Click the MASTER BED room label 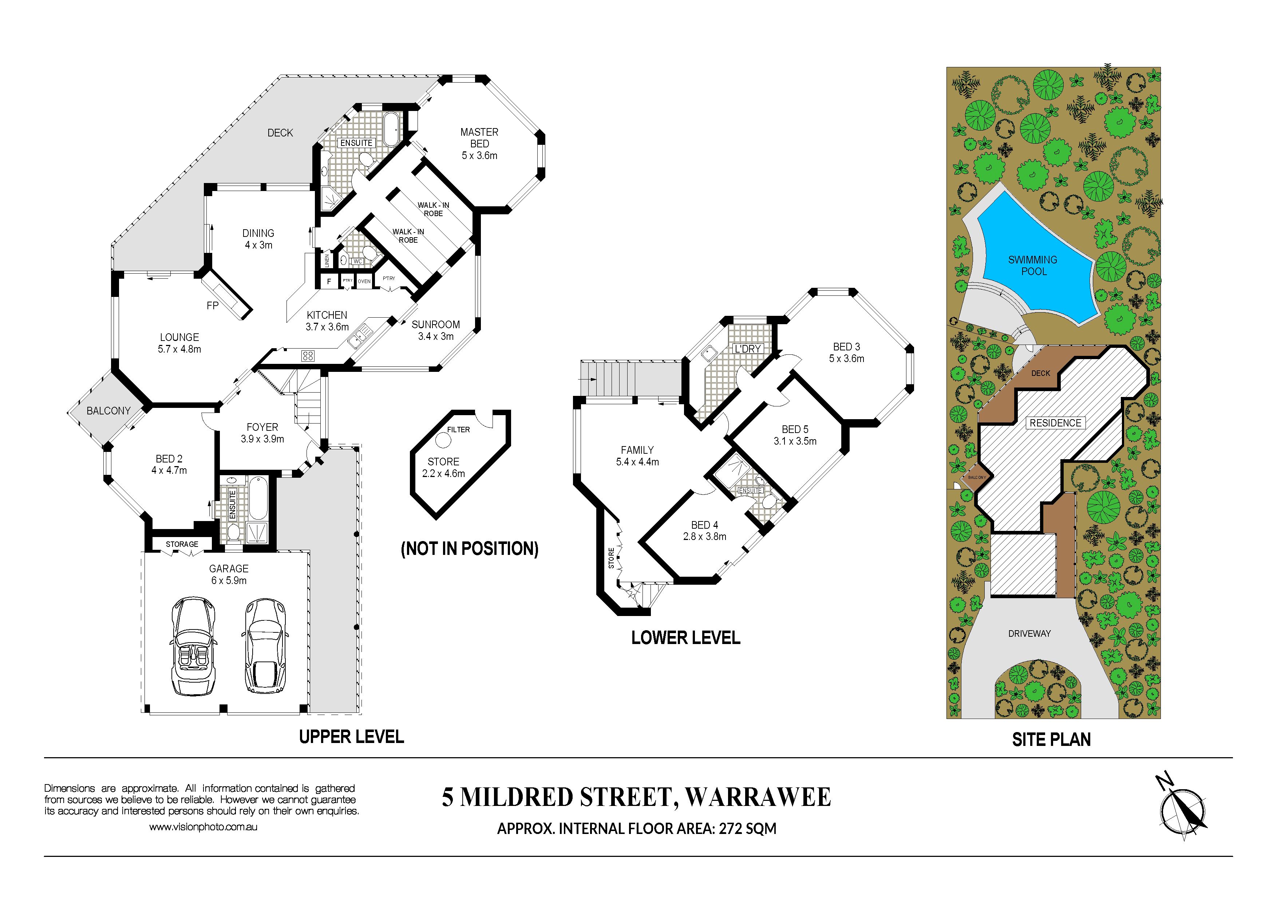coord(479,138)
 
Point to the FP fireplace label coord(213,306)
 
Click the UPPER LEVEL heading coord(352,737)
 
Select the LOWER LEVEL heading coord(686,637)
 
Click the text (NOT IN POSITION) coord(470,549)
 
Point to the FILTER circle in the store coord(443,441)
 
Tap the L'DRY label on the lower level coord(747,349)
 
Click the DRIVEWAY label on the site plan coord(1029,633)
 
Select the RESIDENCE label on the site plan coord(1055,423)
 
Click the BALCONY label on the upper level coord(108,411)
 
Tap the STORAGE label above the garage coord(182,544)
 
